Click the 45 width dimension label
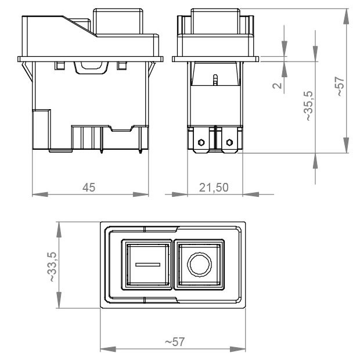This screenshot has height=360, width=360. [x=89, y=188]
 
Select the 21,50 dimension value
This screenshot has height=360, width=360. [x=214, y=188]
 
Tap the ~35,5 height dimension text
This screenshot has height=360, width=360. [x=309, y=106]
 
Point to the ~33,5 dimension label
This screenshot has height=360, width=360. [x=52, y=267]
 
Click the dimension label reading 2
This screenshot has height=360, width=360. [x=277, y=85]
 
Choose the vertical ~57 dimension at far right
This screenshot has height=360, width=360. [x=340, y=87]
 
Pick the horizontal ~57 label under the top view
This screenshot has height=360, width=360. [x=175, y=342]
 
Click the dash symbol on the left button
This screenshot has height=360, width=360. [x=148, y=265]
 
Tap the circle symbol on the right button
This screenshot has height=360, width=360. [x=199, y=264]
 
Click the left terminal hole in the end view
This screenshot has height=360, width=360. [x=201, y=142]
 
